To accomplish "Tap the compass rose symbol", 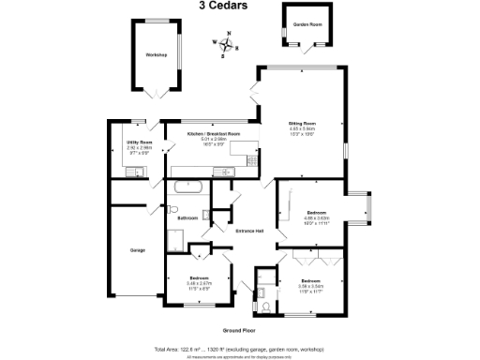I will [x=226, y=42].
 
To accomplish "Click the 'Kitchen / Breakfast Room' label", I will [x=213, y=134].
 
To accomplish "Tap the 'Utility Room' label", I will [x=139, y=142].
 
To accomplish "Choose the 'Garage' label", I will [x=138, y=250].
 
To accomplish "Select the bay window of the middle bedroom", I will [x=368, y=211].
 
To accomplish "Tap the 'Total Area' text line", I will [x=239, y=349].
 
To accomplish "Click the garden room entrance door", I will [x=307, y=43].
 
